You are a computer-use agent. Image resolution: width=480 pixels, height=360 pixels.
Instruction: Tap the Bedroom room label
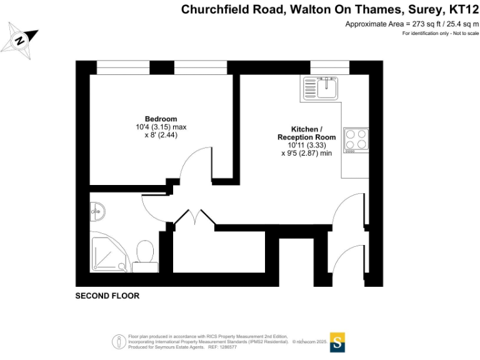(161, 119)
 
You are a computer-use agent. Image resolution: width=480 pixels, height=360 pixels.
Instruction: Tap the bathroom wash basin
(97, 211)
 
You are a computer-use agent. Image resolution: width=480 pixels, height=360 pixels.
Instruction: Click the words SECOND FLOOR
(107, 296)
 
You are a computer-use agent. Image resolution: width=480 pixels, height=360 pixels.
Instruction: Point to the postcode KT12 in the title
(465, 9)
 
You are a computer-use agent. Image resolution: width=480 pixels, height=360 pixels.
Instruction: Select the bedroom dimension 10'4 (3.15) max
(161, 127)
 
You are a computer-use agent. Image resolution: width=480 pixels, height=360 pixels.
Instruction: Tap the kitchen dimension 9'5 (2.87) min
(306, 152)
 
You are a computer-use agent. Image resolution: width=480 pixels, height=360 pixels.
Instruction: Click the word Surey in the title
(426, 9)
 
